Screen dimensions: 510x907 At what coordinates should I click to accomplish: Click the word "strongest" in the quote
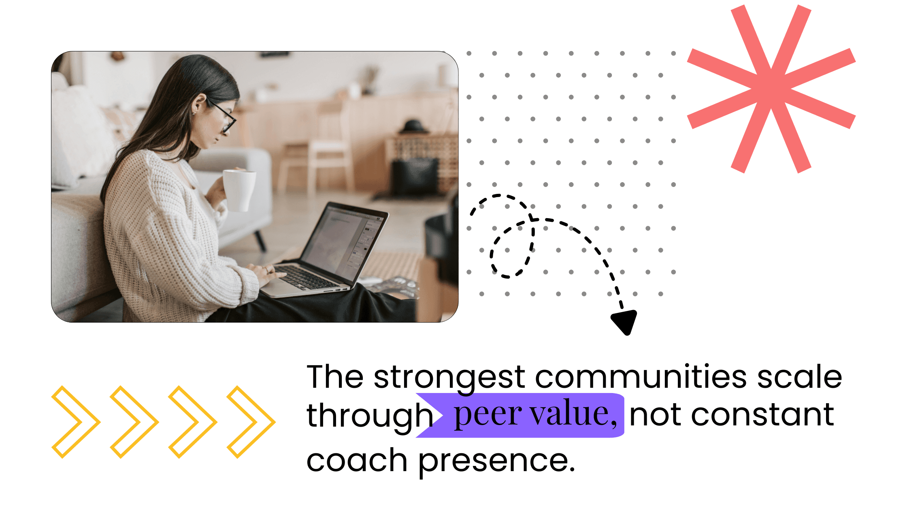tap(449, 377)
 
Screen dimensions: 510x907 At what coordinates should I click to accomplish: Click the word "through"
tap(369, 416)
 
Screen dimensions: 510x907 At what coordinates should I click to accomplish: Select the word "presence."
tap(496, 461)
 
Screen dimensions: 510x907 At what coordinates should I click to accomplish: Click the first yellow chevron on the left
tap(75, 422)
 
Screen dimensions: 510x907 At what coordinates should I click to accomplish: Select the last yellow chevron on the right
tap(251, 422)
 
